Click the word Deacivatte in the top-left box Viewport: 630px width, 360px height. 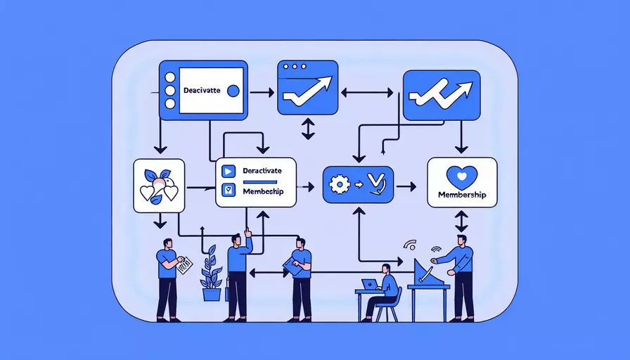pos(202,90)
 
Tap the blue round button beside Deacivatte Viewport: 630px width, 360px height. pos(234,91)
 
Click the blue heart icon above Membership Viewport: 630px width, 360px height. pos(461,175)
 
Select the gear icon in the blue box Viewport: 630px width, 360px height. pos(340,184)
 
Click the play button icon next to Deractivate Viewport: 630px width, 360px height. pos(227,171)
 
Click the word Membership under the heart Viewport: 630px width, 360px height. pos(462,194)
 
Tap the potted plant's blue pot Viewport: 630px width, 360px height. pos(212,294)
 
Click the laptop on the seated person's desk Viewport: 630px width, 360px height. pos(368,284)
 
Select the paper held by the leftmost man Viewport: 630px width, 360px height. pos(184,266)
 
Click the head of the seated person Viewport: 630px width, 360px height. pos(386,269)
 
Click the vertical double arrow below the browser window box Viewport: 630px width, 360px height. pos(307,129)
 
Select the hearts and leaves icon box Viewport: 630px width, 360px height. pos(159,186)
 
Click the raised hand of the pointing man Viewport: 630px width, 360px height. pos(247,233)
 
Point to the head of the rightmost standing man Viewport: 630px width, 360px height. pos(461,240)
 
